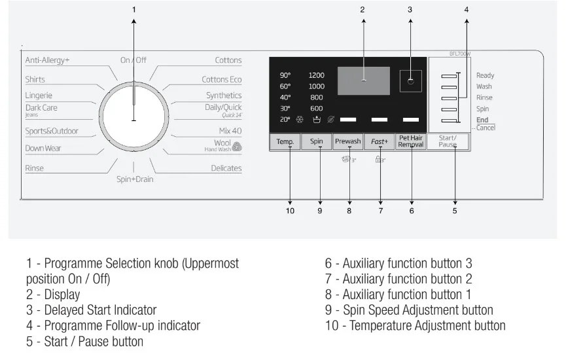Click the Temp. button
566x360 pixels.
click(285, 141)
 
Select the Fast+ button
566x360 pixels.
click(380, 141)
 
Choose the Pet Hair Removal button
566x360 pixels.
click(411, 141)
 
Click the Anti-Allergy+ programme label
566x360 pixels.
click(47, 60)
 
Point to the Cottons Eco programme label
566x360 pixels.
click(221, 80)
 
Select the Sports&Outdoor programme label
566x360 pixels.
click(52, 131)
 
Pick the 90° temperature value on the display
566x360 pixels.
click(285, 75)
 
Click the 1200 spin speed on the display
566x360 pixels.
click(316, 75)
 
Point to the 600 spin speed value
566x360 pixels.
click(316, 109)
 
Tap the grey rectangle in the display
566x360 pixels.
click(363, 80)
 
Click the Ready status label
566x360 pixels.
click(485, 76)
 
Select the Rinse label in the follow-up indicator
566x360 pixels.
click(484, 98)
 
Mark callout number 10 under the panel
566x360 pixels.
click(290, 211)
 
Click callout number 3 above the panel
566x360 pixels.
click(410, 10)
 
